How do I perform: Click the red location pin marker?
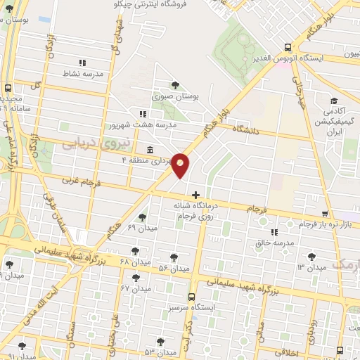(x=181, y=165)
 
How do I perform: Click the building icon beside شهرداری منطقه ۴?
(x=150, y=150)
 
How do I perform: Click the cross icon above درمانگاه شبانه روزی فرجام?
(x=195, y=194)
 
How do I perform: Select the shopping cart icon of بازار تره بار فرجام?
(x=324, y=213)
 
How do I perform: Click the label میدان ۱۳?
(x=311, y=268)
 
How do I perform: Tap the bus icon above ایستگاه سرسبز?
(x=191, y=297)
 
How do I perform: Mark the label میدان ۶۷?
(x=136, y=288)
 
